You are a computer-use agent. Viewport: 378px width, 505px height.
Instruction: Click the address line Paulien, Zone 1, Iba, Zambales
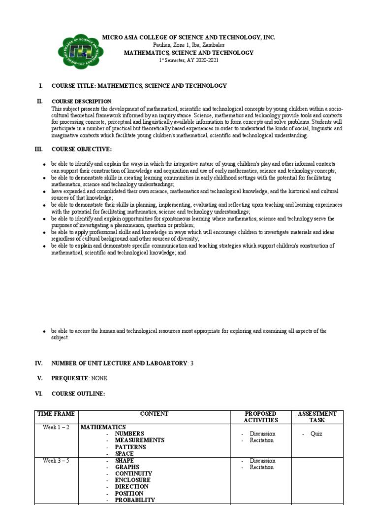[x=189, y=45]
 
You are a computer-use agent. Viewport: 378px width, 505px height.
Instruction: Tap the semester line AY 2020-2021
[x=189, y=60]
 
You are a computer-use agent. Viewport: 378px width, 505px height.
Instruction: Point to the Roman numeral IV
[x=39, y=363]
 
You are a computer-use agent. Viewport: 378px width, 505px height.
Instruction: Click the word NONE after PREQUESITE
[x=98, y=378]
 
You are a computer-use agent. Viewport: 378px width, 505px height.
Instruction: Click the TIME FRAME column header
[x=56, y=414]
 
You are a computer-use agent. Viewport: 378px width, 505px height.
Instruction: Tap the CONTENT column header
[x=154, y=414]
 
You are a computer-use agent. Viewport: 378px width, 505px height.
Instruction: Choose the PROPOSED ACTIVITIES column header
[x=261, y=417]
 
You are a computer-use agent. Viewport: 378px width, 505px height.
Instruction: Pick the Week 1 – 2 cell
[x=56, y=427]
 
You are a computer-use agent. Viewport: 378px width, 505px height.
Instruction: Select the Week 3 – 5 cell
[x=56, y=461]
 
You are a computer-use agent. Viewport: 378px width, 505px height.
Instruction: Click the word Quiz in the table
[x=316, y=434]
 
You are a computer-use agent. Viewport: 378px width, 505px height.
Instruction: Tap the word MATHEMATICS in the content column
[x=103, y=427]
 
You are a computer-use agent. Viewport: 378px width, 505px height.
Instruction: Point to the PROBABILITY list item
[x=135, y=500]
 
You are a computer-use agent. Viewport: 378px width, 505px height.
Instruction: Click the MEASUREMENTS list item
[x=139, y=440]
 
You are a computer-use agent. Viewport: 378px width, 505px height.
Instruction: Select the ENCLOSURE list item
[x=133, y=480]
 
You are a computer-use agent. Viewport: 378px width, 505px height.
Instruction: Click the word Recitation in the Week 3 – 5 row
[x=261, y=467]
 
